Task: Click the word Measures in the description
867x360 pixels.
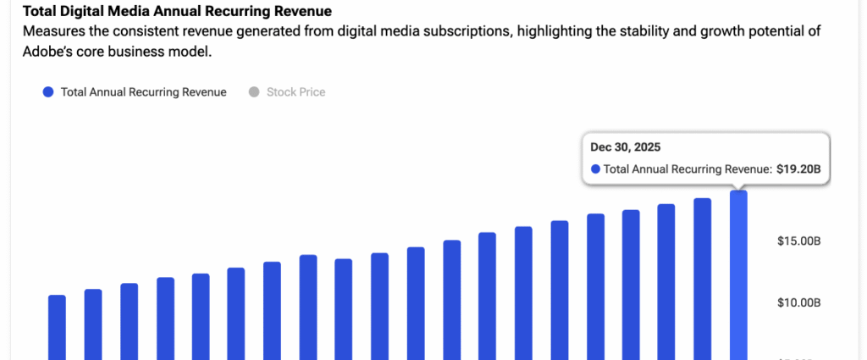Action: point(52,31)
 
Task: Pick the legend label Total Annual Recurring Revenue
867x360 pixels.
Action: point(143,92)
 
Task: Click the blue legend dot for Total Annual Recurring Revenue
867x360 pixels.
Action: point(47,92)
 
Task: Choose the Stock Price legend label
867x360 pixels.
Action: point(295,92)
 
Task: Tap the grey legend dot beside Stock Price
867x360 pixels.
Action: point(253,92)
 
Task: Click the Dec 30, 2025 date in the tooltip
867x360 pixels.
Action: point(625,148)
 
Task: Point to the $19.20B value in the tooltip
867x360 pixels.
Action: point(798,169)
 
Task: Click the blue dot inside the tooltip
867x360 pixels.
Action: point(595,169)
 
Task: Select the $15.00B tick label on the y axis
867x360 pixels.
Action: point(798,241)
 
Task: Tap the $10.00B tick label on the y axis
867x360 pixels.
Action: point(798,302)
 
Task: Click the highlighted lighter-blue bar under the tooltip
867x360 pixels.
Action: point(738,271)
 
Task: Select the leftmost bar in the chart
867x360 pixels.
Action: point(57,326)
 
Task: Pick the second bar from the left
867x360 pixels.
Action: point(93,322)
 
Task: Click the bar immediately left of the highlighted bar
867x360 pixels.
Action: point(703,275)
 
